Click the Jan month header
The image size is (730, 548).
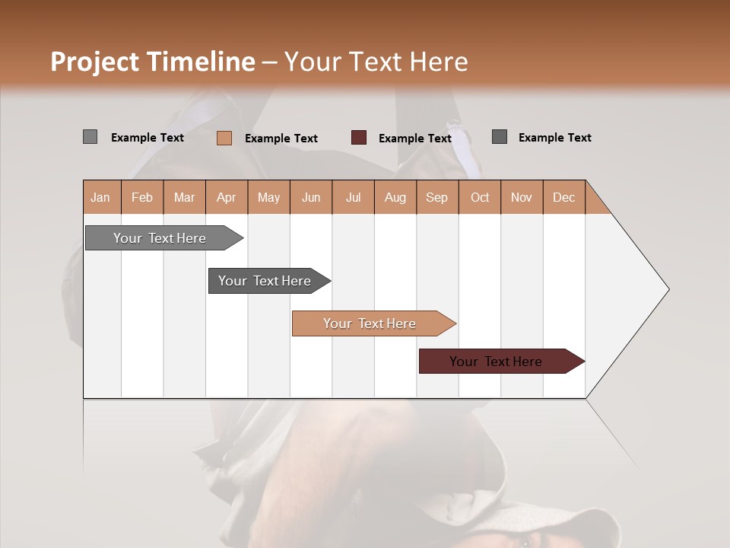[x=101, y=198]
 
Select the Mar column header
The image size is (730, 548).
[x=184, y=198]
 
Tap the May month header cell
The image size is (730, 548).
[x=268, y=198]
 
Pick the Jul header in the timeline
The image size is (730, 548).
[x=353, y=198]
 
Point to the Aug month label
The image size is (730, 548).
[x=395, y=198]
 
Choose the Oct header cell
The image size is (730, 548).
[x=479, y=198]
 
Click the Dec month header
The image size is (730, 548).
[x=563, y=198]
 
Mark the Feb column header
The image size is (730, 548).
[x=142, y=198]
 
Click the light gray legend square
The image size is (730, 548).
[x=90, y=137]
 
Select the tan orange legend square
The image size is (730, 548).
[x=224, y=138]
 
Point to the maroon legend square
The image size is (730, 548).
[x=359, y=138]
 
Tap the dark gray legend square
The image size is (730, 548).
[x=500, y=137]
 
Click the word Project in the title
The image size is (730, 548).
[x=95, y=62]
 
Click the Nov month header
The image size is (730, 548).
[x=521, y=198]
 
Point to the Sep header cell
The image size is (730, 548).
[x=436, y=198]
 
